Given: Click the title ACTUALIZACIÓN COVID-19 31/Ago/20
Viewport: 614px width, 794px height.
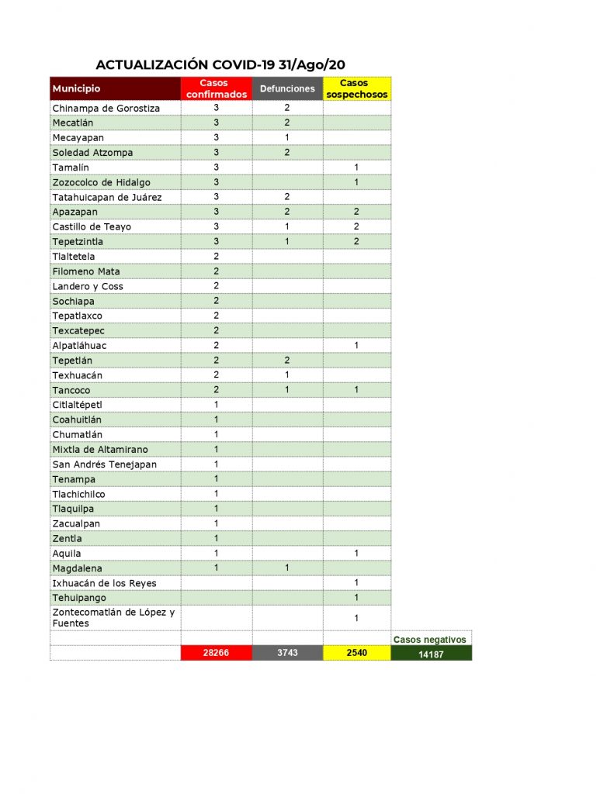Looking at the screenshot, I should [220, 64].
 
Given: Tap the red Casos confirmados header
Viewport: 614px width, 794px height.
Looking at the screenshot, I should [217, 88].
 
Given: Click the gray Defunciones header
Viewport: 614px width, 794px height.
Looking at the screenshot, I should [287, 89].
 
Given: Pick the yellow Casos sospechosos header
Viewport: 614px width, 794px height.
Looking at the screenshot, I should [357, 88].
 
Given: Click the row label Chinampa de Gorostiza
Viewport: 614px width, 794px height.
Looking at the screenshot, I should [106, 108].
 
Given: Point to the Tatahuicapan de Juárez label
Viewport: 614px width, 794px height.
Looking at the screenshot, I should [107, 197].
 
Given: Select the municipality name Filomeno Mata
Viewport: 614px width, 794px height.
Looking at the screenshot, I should [86, 271].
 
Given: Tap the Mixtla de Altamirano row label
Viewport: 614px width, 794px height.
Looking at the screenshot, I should [100, 450].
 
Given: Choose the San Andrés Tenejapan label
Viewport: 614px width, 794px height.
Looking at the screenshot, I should [104, 464].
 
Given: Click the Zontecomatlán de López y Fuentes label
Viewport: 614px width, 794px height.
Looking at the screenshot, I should [113, 617].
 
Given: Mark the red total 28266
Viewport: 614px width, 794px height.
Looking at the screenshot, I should [217, 653].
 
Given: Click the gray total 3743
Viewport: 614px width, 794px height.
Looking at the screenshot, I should [287, 653].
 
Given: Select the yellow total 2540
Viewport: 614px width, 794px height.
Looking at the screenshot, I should [357, 653].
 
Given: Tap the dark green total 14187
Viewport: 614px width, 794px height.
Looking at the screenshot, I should [431, 654].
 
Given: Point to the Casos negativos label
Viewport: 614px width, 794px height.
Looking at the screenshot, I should [430, 640].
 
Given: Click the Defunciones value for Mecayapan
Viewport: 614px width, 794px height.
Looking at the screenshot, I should [287, 137].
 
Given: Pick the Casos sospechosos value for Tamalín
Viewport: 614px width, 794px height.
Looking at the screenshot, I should [356, 167].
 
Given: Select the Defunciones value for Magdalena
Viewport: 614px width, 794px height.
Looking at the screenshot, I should [287, 568].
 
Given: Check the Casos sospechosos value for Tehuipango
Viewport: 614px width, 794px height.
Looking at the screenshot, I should [356, 598].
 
